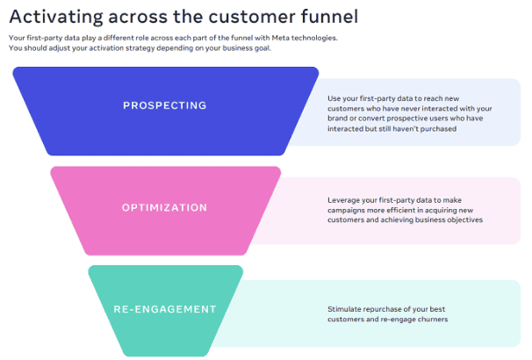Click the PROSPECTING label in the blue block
[164, 105]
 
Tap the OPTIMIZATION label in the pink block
[164, 207]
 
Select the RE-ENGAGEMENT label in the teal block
[165, 309]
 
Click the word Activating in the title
[56, 17]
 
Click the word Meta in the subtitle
[280, 38]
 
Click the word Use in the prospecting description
[334, 98]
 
